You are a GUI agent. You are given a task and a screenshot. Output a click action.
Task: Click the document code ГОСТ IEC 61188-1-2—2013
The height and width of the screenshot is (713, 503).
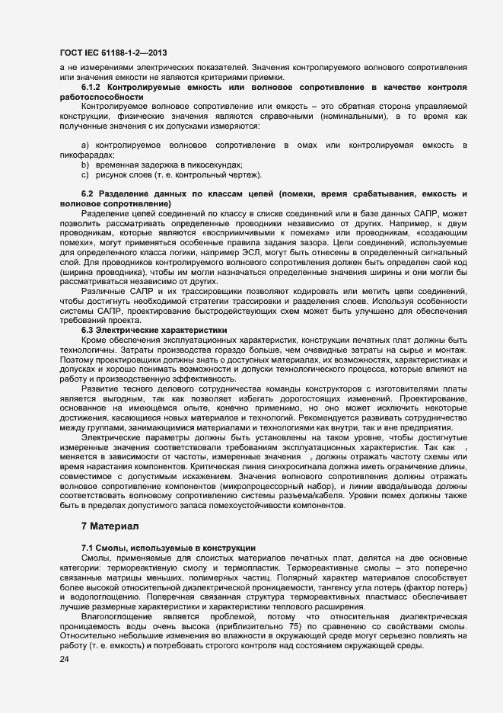click(x=113, y=53)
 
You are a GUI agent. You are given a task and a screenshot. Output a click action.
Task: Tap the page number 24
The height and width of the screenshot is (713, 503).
click(x=64, y=660)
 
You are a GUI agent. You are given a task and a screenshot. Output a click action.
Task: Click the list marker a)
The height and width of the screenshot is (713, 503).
click(x=85, y=145)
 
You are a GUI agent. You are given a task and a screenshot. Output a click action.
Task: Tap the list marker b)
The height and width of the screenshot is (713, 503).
click(x=85, y=165)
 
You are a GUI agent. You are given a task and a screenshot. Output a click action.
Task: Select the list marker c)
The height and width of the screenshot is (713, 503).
click(x=85, y=174)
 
